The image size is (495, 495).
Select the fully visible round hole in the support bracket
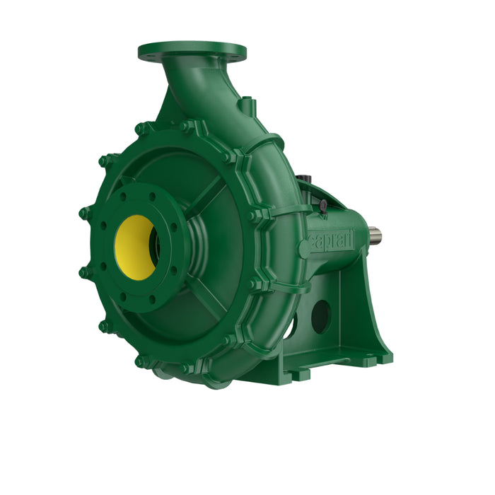tap(320, 316)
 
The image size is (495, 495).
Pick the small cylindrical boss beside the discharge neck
tap(245, 106)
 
